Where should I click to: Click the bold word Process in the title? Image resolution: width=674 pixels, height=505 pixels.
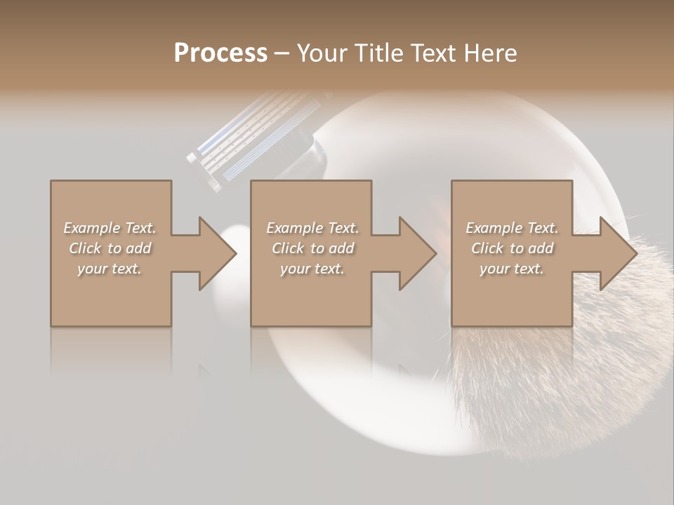click(x=220, y=53)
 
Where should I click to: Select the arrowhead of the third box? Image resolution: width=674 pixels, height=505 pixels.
click(x=618, y=253)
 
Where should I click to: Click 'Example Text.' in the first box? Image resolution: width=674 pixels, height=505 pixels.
click(x=110, y=228)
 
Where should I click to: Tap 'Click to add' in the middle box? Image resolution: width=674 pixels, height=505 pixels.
click(x=312, y=248)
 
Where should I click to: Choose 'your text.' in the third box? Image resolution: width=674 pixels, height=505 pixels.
click(x=512, y=269)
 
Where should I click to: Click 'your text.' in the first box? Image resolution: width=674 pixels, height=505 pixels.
click(x=110, y=269)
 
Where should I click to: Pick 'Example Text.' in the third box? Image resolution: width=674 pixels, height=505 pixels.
click(x=512, y=228)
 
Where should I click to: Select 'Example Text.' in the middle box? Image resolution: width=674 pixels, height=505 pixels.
click(x=312, y=228)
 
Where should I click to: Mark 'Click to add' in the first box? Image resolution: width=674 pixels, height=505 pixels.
click(x=110, y=248)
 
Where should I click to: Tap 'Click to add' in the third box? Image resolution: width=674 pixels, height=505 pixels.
click(x=512, y=248)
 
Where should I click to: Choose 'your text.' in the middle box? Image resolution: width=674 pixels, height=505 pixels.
click(x=312, y=269)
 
